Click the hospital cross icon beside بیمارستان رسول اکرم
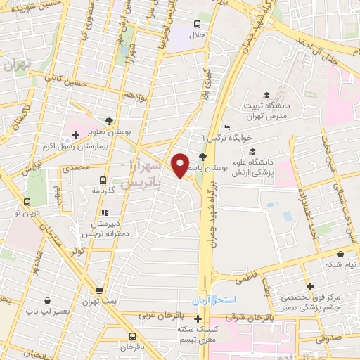pyautogui.click(x=75, y=134)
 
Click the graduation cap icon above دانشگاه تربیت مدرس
pyautogui.click(x=266, y=95)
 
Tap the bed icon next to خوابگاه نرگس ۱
pyautogui.click(x=225, y=127)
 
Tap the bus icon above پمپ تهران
pyautogui.click(x=99, y=290)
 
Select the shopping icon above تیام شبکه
pyautogui.click(x=341, y=253)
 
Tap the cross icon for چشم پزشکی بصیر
pyautogui.click(x=310, y=285)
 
